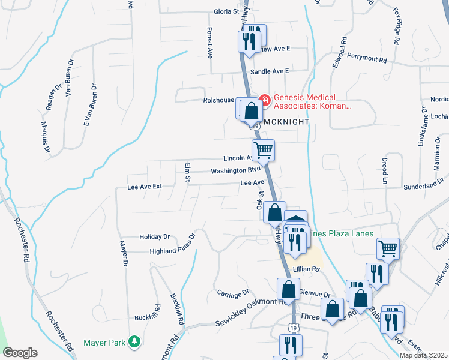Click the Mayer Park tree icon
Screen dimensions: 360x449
tap(136, 343)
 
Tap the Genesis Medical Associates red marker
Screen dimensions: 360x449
tap(264, 100)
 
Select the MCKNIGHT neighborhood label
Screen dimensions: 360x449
tap(286, 122)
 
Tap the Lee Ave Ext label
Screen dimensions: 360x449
tap(145, 187)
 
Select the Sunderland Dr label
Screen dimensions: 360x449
tap(424, 187)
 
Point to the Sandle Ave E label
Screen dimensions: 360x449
tap(269, 71)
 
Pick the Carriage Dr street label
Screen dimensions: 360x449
tap(232, 293)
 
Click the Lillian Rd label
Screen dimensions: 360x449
tap(306, 269)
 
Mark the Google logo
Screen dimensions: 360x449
tap(20, 353)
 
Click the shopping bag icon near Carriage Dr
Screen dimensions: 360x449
tap(289, 289)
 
